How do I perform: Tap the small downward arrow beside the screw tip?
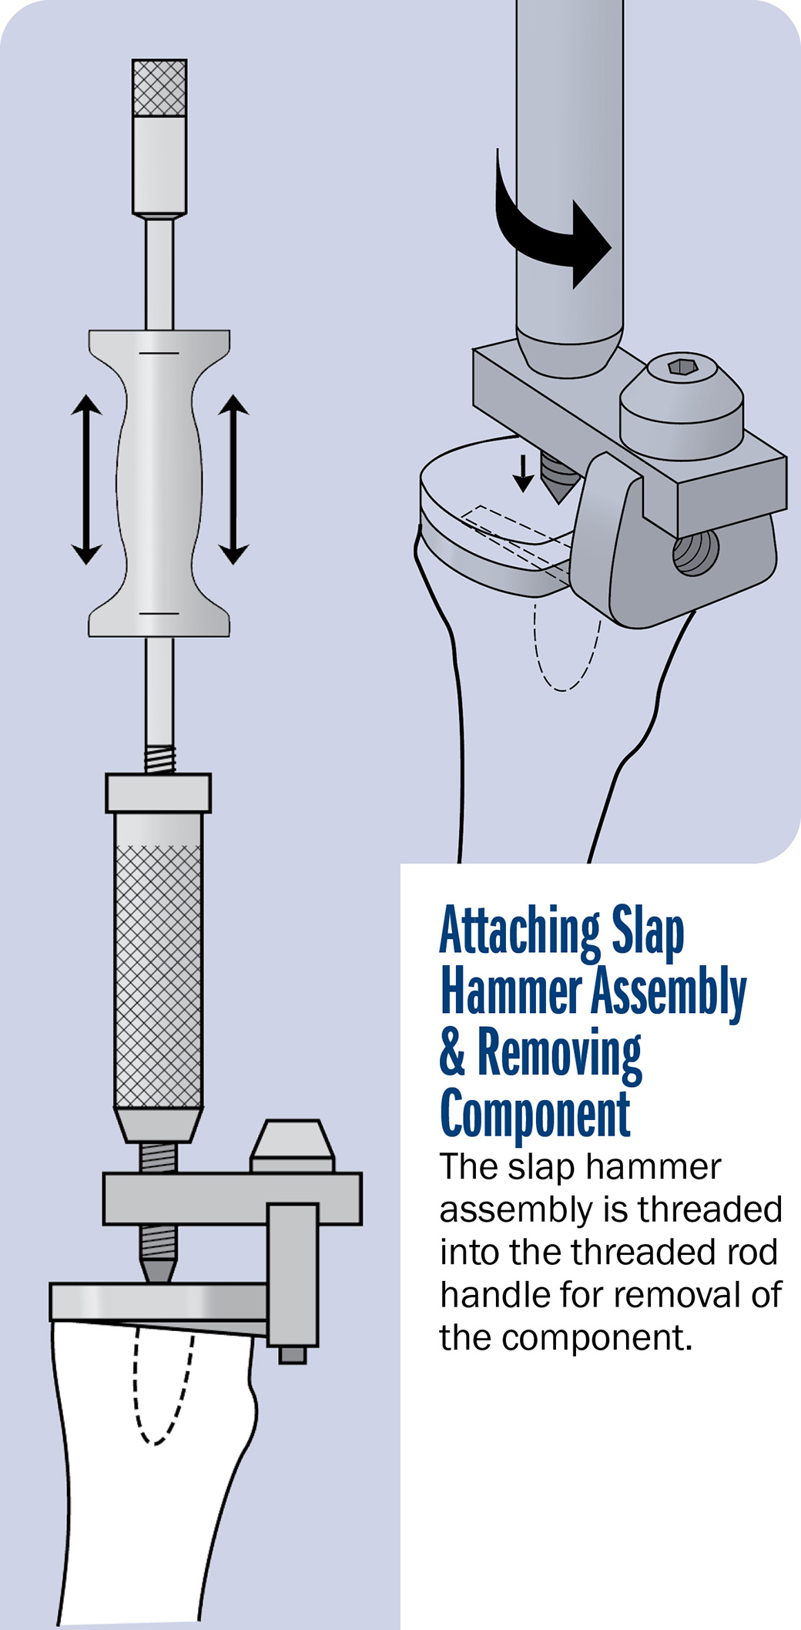pos(523,473)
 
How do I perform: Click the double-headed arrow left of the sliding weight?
pos(86,479)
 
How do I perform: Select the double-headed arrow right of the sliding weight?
pos(233,479)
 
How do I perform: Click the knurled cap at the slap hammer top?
pos(159,88)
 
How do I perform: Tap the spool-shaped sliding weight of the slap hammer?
pos(159,483)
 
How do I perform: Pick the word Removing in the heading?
pos(559,1054)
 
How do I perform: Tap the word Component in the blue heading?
pos(535,1114)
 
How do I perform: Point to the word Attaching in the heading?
pos(520,932)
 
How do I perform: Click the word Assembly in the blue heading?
pos(669,994)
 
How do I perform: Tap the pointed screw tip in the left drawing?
pos(158,1269)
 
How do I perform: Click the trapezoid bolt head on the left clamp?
pos(292,1146)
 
